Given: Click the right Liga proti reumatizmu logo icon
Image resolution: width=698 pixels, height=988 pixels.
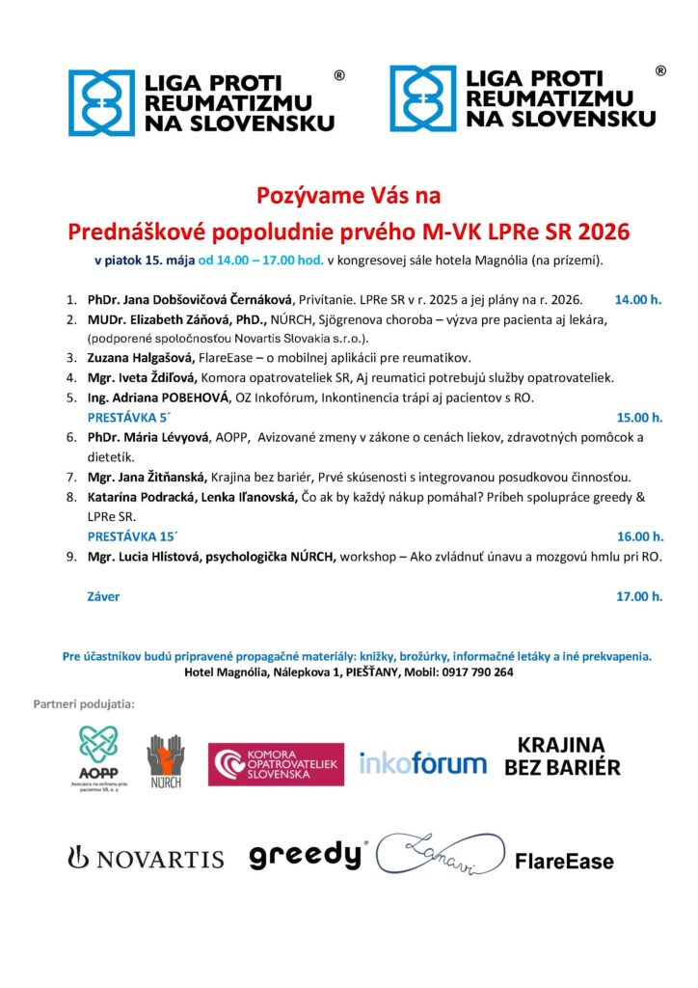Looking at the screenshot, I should point(423,99).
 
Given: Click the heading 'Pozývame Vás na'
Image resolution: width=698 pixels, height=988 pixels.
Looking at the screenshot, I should point(348,196).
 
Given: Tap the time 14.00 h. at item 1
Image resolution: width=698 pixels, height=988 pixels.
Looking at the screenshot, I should point(638,300).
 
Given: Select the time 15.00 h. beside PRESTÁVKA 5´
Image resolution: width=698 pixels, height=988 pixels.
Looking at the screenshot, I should point(639,417).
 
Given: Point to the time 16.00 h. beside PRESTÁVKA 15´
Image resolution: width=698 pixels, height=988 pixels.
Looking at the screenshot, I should point(639,535).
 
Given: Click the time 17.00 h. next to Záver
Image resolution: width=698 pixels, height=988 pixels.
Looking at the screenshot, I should point(639,596).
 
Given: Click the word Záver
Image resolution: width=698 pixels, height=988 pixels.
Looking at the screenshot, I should point(104,596).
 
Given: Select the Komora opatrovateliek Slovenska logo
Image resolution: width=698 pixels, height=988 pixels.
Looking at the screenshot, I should point(276,764).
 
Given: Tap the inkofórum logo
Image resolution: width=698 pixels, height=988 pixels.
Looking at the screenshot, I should point(422,764).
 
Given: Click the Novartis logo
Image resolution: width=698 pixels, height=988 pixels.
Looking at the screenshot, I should point(145,858).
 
